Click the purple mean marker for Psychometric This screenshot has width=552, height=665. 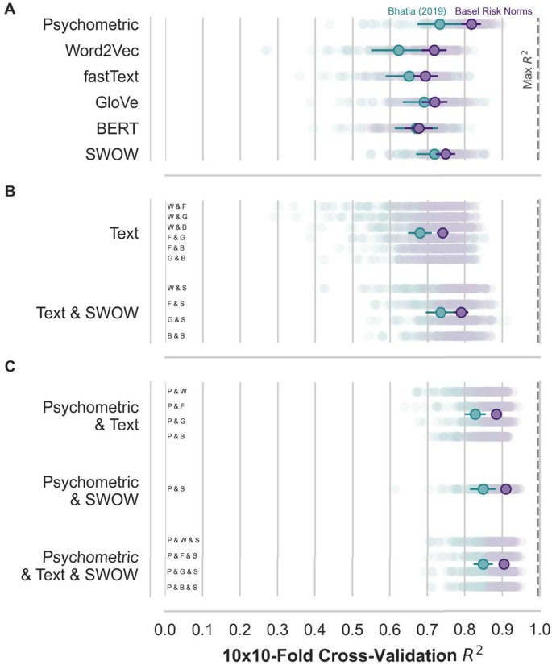[471, 24]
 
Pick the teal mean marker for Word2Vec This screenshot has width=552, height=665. [398, 50]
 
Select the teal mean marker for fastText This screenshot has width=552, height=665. [409, 76]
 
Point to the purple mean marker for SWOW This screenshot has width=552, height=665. [445, 153]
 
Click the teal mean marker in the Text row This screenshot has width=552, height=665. [420, 233]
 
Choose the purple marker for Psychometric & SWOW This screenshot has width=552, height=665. [506, 488]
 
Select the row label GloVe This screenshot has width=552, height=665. [114, 102]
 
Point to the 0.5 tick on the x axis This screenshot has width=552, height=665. [352, 628]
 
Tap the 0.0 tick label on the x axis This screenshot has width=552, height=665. [164, 628]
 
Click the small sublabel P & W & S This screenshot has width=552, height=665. [183, 539]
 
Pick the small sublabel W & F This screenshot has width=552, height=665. [176, 206]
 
